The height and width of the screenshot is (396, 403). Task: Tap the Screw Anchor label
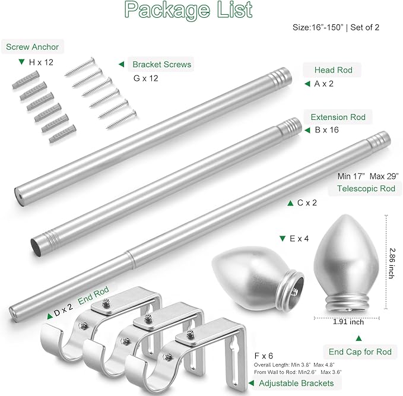pos(33,47)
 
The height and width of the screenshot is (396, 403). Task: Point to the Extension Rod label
pos(338,117)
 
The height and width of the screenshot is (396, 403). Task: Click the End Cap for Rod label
pos(361,352)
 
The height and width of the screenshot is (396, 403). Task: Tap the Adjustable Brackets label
pos(297,384)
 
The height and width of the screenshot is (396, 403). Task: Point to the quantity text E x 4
pos(296,239)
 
